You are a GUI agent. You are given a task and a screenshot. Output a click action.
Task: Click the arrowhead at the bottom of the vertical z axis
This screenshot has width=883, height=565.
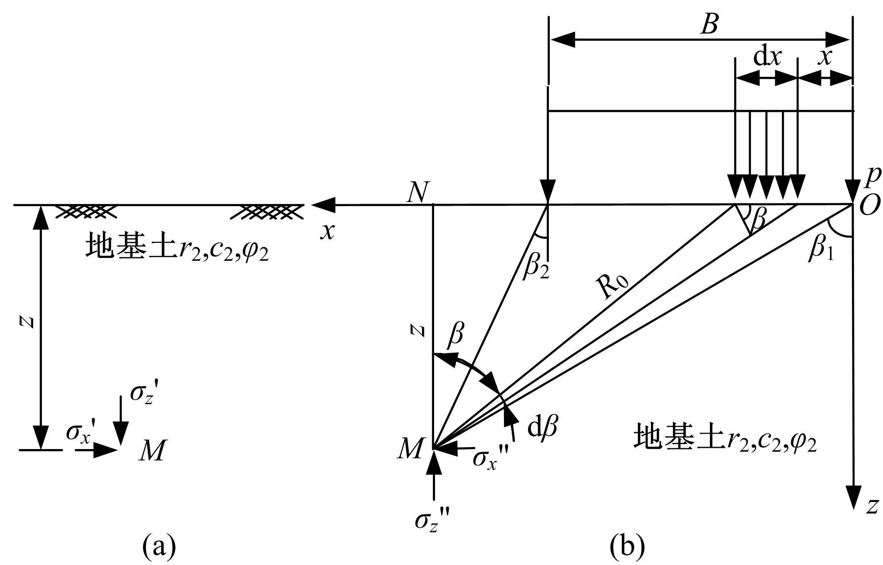[853, 498]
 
